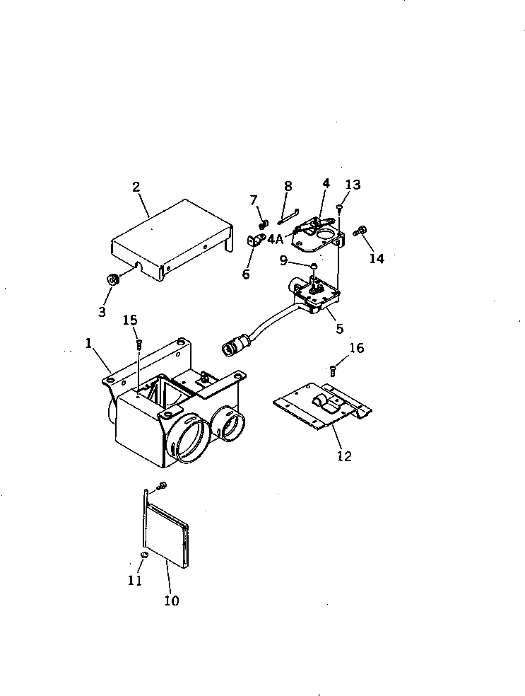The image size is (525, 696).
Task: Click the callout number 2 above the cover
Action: coord(136,187)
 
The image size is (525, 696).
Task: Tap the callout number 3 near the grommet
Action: coord(102,311)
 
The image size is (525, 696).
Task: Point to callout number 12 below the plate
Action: coord(343,456)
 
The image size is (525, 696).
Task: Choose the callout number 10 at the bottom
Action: coord(172,601)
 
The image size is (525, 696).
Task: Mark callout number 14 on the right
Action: coord(377,258)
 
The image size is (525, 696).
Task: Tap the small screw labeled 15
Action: coord(138,344)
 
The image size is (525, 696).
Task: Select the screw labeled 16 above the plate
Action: coord(333,369)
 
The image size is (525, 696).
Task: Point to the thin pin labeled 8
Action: coord(289,211)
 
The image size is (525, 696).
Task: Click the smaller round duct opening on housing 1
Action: coord(230,424)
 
